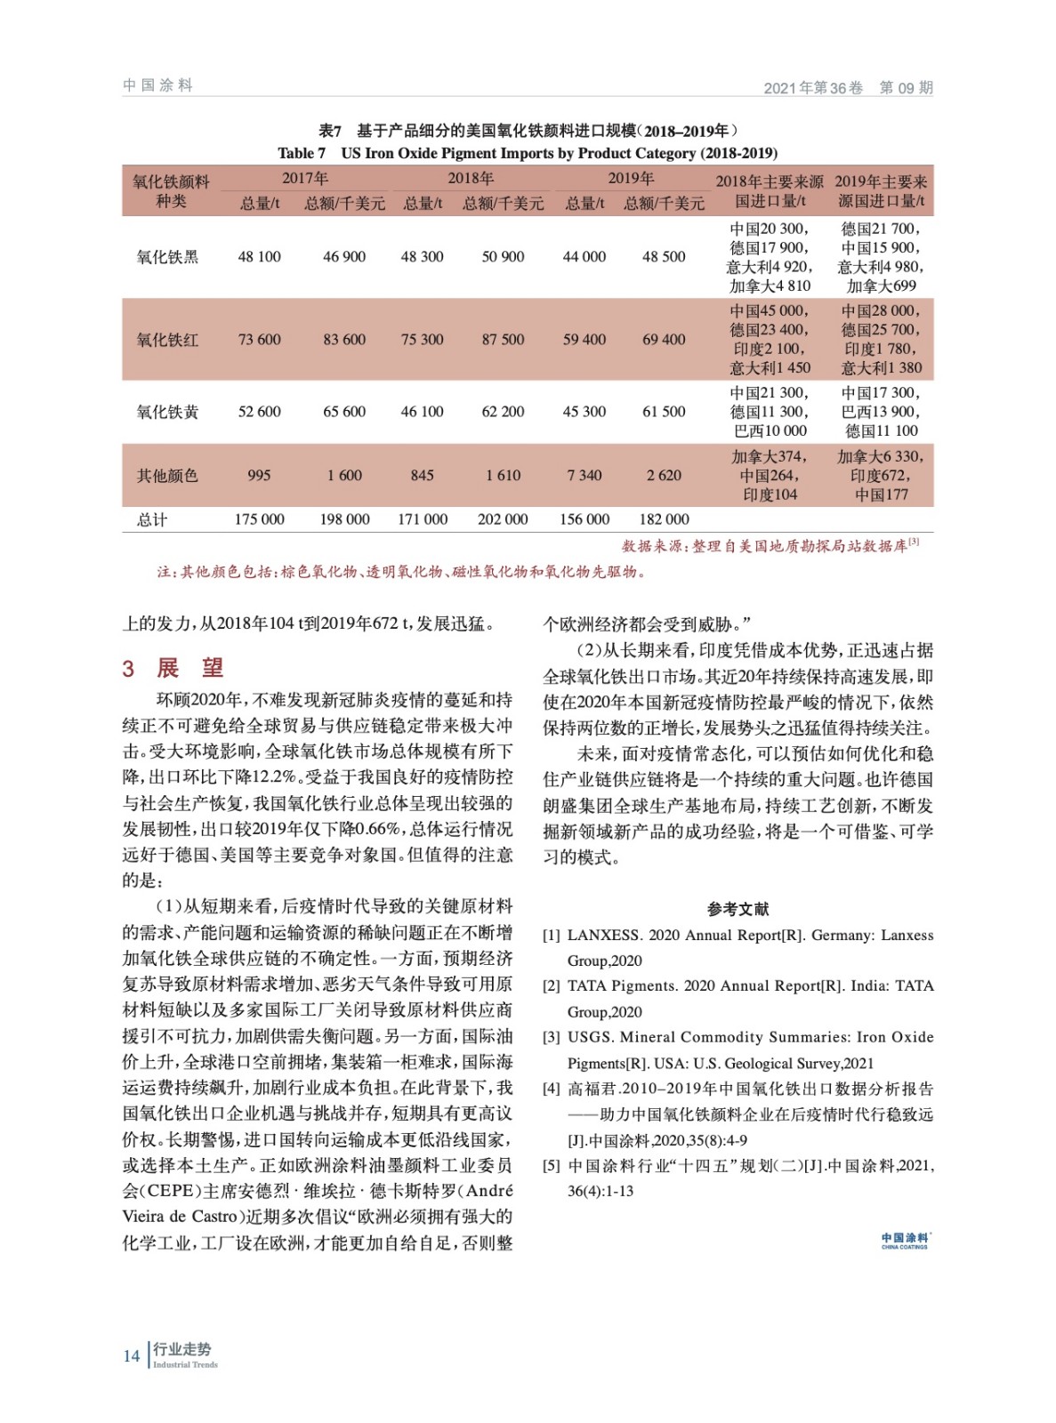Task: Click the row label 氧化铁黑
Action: (x=167, y=257)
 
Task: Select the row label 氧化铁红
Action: (x=167, y=340)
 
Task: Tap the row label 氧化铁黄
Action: (x=167, y=412)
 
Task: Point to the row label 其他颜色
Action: (x=167, y=476)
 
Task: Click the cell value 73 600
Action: (x=259, y=340)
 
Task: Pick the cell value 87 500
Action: (x=503, y=340)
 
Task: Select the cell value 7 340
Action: (x=584, y=476)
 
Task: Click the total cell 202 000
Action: (x=503, y=519)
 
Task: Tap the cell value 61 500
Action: (x=664, y=412)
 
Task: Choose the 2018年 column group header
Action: (x=470, y=178)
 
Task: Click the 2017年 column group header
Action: (x=305, y=178)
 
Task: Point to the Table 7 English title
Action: (x=528, y=153)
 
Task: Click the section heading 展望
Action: (x=189, y=668)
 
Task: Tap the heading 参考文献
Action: (x=738, y=909)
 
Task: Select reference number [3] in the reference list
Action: (x=552, y=1037)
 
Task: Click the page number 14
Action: (x=132, y=1355)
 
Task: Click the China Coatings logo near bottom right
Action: (x=905, y=1241)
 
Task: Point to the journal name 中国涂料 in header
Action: (x=158, y=85)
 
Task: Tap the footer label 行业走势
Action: (x=181, y=1349)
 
